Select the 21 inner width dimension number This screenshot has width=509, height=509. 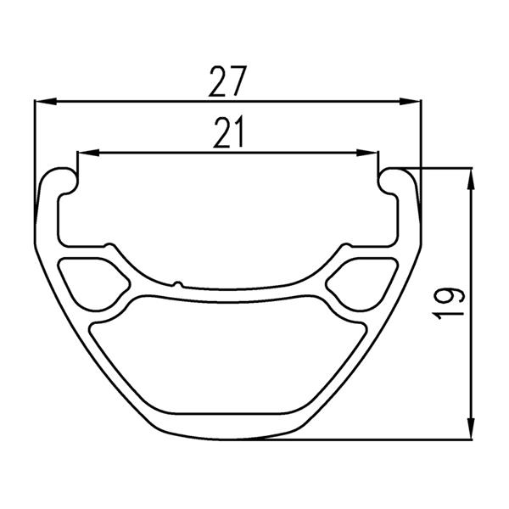pyautogui.click(x=227, y=134)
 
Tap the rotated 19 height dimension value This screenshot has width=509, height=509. pyautogui.click(x=450, y=304)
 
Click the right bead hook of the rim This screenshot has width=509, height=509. pyautogui.click(x=395, y=179)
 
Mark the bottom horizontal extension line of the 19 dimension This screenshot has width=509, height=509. pyautogui.click(x=365, y=439)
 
